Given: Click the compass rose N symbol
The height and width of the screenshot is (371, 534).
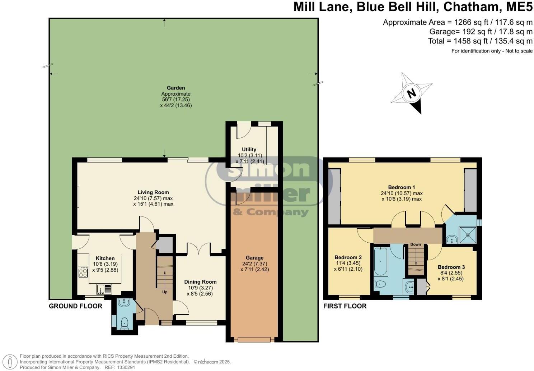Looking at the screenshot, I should [411, 93].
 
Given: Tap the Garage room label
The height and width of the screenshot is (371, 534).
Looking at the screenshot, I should [254, 257].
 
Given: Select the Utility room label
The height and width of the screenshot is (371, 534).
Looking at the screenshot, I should [249, 150].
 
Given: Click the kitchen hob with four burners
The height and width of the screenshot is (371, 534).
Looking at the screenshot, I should [83, 272].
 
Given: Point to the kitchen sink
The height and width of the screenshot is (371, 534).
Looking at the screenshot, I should [104, 288].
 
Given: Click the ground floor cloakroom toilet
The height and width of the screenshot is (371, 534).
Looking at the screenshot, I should [125, 323].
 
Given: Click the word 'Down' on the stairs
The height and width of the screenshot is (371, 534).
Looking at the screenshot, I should [416, 244].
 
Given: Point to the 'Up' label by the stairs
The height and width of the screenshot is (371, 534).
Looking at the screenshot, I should [165, 292].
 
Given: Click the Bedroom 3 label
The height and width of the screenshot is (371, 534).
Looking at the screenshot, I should [451, 267].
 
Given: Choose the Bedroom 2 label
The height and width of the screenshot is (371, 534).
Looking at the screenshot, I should [348, 257].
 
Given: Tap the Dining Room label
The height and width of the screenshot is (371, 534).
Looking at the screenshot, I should [200, 282].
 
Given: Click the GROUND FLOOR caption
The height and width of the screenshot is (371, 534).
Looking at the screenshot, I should [75, 306].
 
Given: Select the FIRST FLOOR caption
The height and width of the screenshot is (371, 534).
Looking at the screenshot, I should [345, 306].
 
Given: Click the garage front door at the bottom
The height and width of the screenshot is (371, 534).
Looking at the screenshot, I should [254, 339].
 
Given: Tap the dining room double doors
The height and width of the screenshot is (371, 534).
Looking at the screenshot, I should [198, 249].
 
